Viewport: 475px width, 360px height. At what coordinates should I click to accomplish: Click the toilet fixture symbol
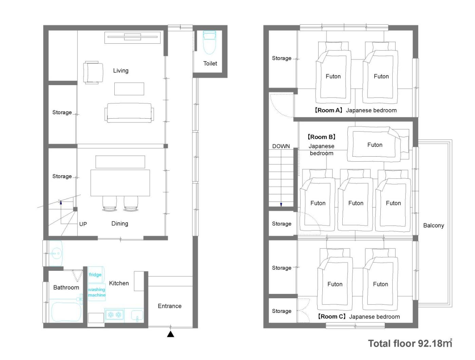(x=209, y=42)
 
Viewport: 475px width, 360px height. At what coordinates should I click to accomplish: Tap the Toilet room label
(x=210, y=63)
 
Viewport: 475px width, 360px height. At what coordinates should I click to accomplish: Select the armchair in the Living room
(x=93, y=73)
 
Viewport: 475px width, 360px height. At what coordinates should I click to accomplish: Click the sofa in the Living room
(x=129, y=113)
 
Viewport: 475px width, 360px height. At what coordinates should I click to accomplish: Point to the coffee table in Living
(x=129, y=89)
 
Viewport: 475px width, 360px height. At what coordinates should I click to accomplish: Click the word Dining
(x=120, y=223)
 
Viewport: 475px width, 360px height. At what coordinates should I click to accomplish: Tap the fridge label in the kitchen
(x=95, y=274)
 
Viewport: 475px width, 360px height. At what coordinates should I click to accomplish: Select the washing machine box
(x=97, y=292)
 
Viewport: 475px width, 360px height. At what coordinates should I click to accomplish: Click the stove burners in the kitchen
(x=115, y=314)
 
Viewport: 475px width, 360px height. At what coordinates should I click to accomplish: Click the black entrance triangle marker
(x=171, y=334)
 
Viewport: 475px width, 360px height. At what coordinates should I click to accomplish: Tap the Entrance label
(x=170, y=306)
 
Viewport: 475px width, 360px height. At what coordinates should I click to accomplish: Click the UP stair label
(x=83, y=224)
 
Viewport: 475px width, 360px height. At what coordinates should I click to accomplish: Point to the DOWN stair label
(x=281, y=146)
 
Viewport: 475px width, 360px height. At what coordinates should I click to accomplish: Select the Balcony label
(x=434, y=225)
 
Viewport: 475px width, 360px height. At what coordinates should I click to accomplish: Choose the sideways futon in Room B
(x=378, y=144)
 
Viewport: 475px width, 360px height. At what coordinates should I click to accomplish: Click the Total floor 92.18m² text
(x=410, y=343)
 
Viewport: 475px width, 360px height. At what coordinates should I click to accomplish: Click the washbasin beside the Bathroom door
(x=56, y=253)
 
